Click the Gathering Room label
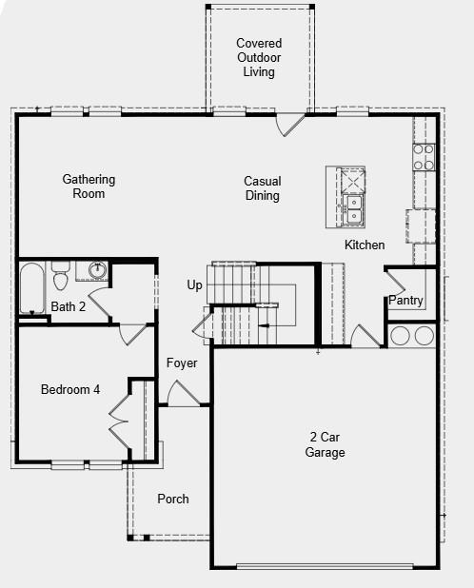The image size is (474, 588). (x=89, y=186)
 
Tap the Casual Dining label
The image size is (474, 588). (x=262, y=188)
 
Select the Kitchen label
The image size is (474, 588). (x=365, y=245)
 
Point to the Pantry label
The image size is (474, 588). (x=405, y=301)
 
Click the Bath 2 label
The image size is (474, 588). (x=69, y=307)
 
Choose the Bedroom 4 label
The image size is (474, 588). (x=69, y=389)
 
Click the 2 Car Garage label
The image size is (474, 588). (x=325, y=444)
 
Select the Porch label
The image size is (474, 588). (x=173, y=499)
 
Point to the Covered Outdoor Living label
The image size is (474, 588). (x=259, y=57)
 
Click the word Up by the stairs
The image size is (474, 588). (x=195, y=285)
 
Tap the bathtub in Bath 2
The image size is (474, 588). (x=31, y=287)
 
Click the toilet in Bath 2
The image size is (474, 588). (x=61, y=276)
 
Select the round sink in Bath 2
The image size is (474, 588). (x=97, y=270)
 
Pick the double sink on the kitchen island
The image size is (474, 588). (x=354, y=208)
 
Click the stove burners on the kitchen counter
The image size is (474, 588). (x=423, y=157)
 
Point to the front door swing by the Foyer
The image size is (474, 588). (x=181, y=394)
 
